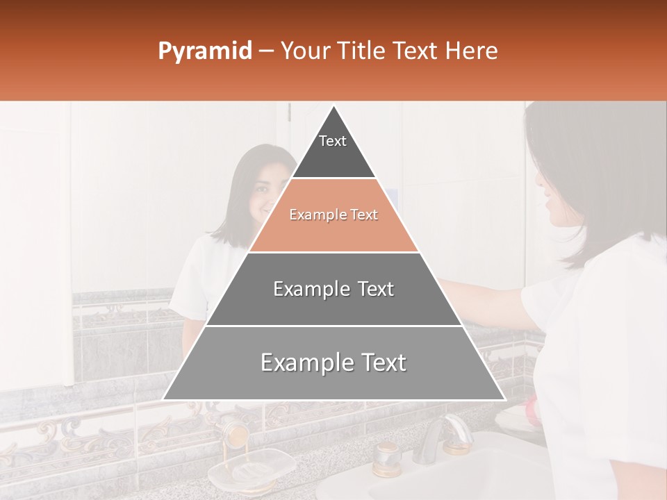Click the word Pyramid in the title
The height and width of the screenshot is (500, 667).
pyautogui.click(x=204, y=51)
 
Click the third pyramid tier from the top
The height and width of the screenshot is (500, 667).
pyautogui.click(x=333, y=290)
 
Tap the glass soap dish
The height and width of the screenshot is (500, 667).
pyautogui.click(x=252, y=468)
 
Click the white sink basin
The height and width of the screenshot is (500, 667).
pyautogui.click(x=445, y=479)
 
